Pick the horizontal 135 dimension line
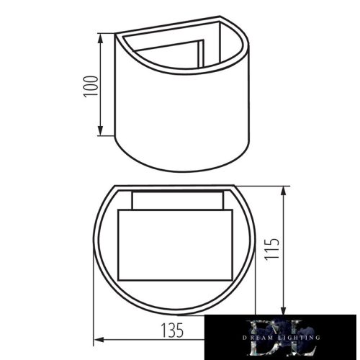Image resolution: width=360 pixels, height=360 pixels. coord(144,340)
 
